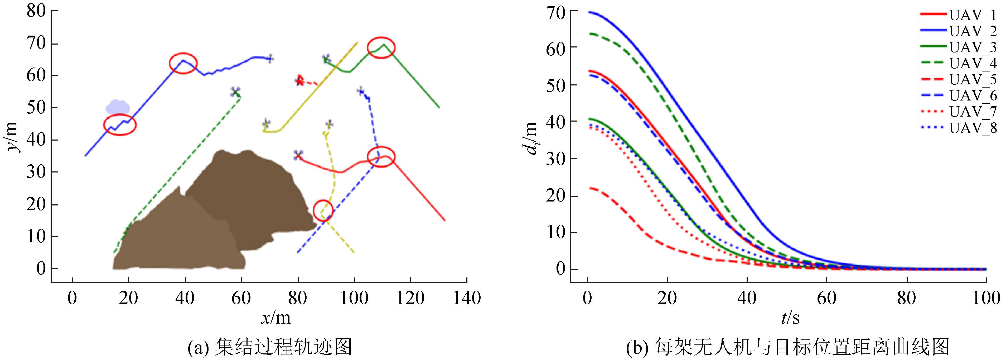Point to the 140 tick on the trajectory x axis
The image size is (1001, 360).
pyautogui.click(x=466, y=299)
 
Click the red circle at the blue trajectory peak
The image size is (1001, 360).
pyautogui.click(x=183, y=63)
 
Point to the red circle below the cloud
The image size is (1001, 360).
pyautogui.click(x=120, y=125)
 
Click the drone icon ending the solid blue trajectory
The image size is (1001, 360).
pyautogui.click(x=270, y=59)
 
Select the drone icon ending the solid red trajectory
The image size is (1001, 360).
pyautogui.click(x=298, y=155)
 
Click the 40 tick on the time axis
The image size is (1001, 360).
pyautogui.click(x=747, y=299)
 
